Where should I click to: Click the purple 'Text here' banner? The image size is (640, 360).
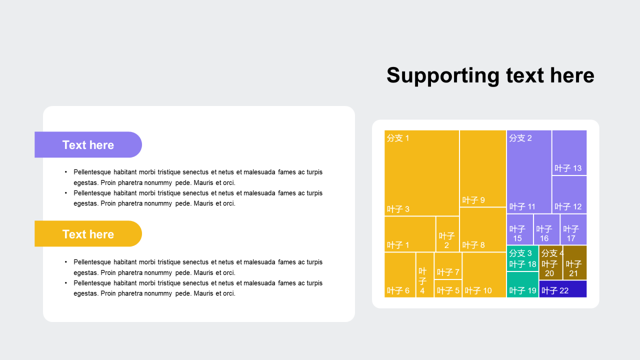(x=88, y=144)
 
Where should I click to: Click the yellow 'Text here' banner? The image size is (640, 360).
(x=88, y=233)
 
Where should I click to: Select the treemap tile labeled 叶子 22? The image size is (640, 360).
(x=563, y=289)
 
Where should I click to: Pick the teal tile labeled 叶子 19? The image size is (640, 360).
(x=522, y=284)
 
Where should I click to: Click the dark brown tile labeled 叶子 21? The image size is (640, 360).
(x=575, y=262)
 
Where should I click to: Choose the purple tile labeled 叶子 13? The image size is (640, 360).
(x=569, y=152)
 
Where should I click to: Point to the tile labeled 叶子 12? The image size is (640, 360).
(x=569, y=194)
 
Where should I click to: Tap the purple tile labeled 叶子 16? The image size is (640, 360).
(x=546, y=229)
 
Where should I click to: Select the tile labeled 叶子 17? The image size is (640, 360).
(x=573, y=229)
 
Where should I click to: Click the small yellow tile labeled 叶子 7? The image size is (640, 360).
(x=448, y=265)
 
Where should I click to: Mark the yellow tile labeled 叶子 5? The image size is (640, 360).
(x=448, y=288)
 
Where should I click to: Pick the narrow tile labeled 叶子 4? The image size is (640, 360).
(x=425, y=275)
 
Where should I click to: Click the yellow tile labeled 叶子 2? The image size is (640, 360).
(x=447, y=234)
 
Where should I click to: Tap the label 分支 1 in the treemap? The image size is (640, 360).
(x=398, y=138)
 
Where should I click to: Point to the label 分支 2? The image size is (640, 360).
(x=520, y=138)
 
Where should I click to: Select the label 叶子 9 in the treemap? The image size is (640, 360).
(x=473, y=200)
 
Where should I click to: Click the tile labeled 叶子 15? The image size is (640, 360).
(x=520, y=229)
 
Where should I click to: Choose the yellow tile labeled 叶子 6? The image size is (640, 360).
(x=399, y=275)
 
